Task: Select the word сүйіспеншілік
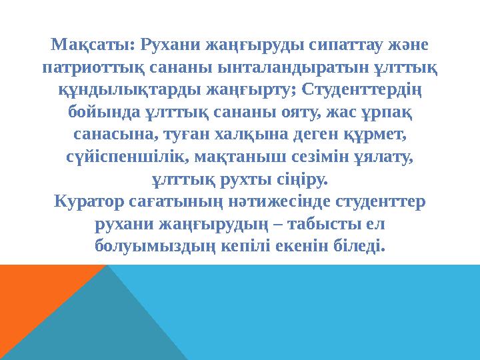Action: [x=129, y=157]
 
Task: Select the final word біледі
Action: [x=362, y=247]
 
